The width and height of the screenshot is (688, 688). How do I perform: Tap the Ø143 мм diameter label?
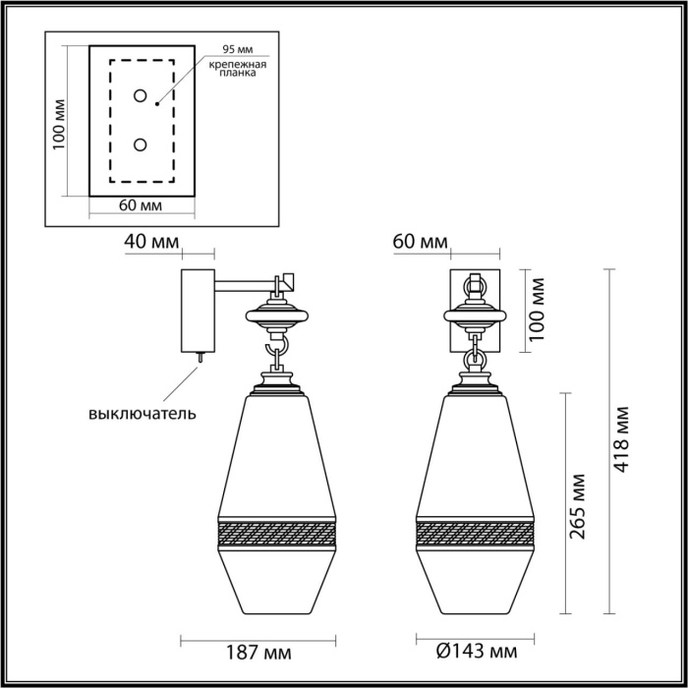point(476,651)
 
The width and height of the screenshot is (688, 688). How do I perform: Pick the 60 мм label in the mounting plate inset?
point(142,205)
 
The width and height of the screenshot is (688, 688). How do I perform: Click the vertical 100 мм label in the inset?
point(60,123)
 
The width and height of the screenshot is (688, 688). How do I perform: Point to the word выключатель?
point(143,413)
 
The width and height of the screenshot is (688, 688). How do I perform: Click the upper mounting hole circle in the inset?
point(140,95)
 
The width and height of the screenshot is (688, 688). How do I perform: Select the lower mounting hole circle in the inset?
point(140,145)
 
